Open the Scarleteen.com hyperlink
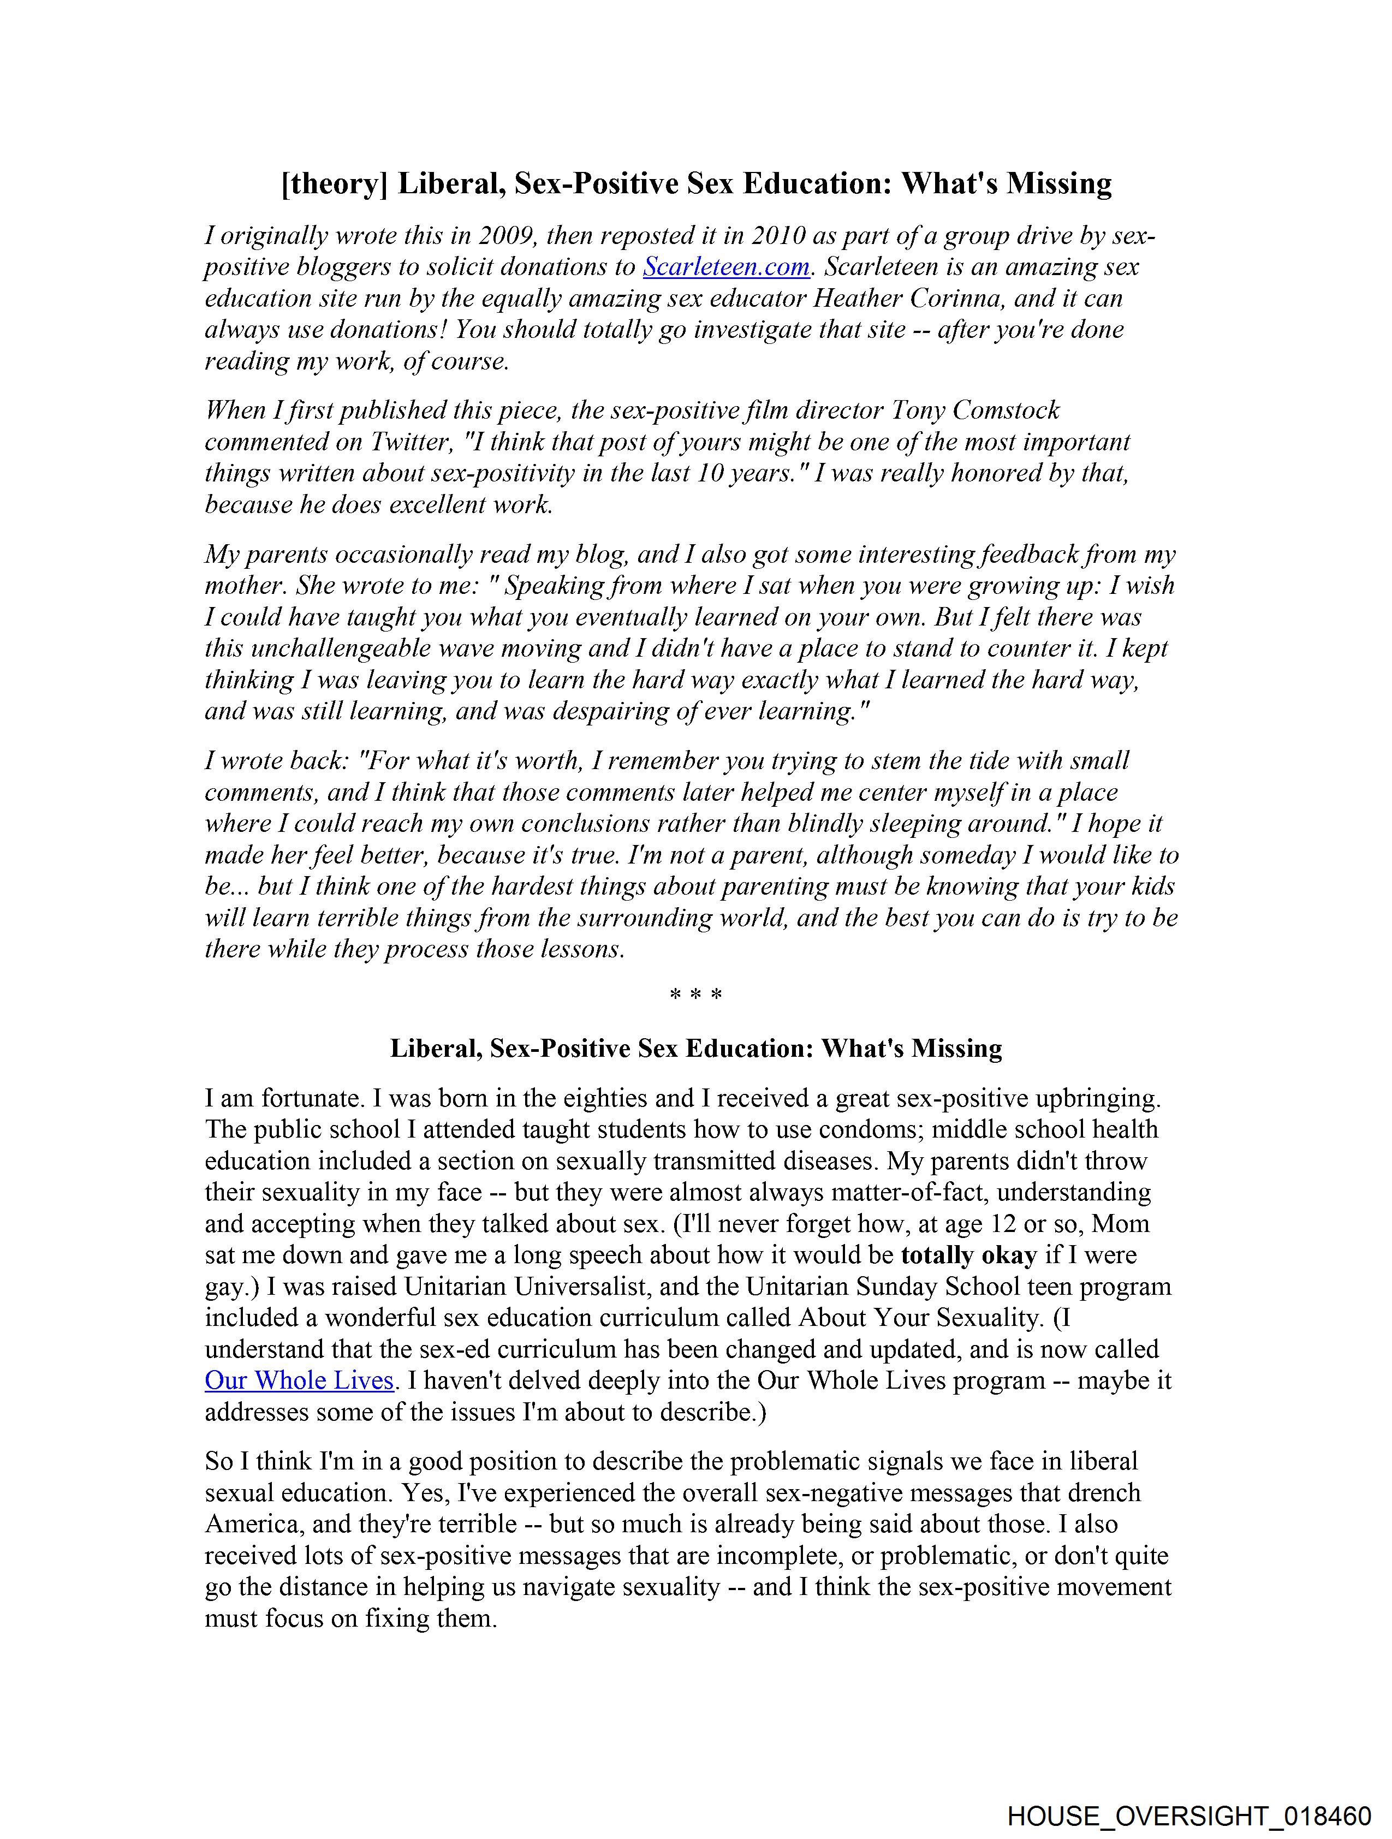[726, 267]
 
